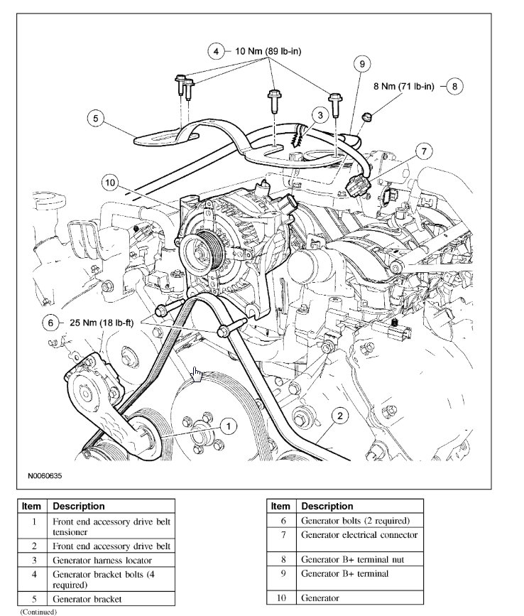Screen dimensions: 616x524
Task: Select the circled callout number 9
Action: point(363,64)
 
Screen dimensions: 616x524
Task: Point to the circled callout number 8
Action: point(454,86)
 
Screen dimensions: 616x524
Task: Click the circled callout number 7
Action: point(424,151)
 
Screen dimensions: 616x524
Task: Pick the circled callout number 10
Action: point(109,183)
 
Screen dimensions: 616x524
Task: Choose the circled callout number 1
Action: point(227,426)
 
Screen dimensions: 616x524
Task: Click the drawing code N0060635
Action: point(45,476)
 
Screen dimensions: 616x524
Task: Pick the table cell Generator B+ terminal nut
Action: point(347,559)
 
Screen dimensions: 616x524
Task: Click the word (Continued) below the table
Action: point(38,611)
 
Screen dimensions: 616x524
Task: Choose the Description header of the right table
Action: point(327,507)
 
